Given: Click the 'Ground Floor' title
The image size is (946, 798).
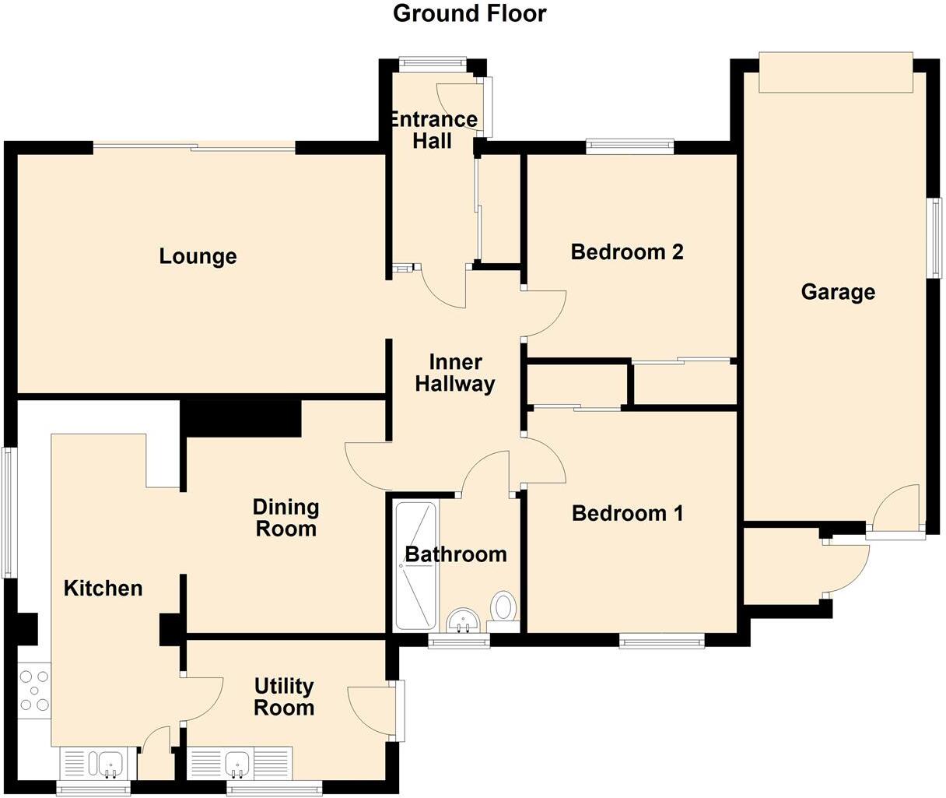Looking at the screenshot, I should coord(469,13).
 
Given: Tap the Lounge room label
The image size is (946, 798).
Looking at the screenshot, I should coord(198,256).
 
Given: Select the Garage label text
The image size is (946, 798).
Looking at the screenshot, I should coord(837,292).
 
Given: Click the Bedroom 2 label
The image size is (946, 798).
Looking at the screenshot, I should coord(626,252).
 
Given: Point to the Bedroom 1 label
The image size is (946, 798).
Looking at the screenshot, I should coord(627,514).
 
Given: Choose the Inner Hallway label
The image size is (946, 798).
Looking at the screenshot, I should coord(455,373).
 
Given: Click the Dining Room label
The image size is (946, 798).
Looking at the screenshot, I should coord(286,518).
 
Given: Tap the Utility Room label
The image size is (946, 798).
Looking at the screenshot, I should coord(284,697).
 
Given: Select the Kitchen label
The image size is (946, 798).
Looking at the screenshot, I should coord(103,588).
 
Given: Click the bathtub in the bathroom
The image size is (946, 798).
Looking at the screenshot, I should coord(415,566).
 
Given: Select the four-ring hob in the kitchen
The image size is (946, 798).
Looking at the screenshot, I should coord(34,690).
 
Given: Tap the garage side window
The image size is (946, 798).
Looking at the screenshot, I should coord(935,237).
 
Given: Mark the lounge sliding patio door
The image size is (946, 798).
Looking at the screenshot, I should coord(194,146).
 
